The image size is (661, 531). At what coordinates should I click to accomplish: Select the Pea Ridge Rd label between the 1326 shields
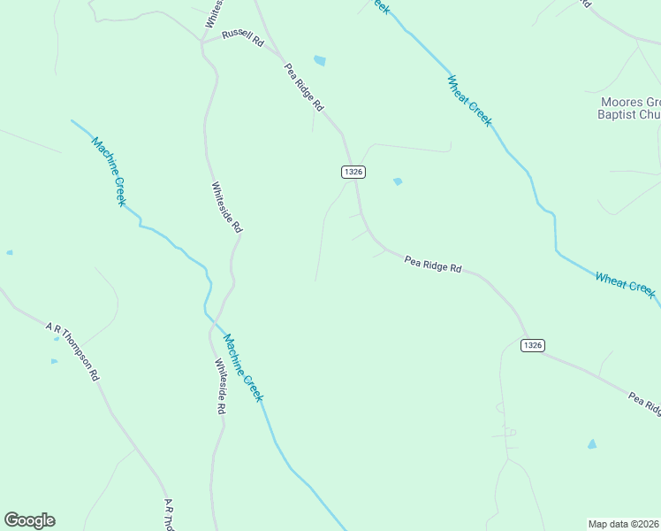point(433,264)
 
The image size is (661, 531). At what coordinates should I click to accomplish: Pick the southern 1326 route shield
point(532,345)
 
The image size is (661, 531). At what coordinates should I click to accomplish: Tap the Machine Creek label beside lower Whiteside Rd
point(243,367)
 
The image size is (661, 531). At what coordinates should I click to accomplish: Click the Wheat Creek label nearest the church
point(469,100)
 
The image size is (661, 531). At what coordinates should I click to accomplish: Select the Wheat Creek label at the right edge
point(626,285)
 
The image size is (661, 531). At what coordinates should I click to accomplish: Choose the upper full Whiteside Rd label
point(226,207)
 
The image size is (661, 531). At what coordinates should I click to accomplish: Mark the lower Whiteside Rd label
point(221,386)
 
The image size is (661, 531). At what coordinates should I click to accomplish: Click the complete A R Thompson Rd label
point(73,351)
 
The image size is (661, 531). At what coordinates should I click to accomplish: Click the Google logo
point(29,520)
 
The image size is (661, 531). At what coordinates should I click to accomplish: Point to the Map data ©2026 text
point(624,524)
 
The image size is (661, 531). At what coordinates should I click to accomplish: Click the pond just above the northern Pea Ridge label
point(320,61)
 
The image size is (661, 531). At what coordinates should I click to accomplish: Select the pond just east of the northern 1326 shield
point(398,181)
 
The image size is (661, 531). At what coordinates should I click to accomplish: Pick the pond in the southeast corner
point(591,444)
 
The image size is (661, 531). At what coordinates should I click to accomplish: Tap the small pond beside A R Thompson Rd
point(54,361)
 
